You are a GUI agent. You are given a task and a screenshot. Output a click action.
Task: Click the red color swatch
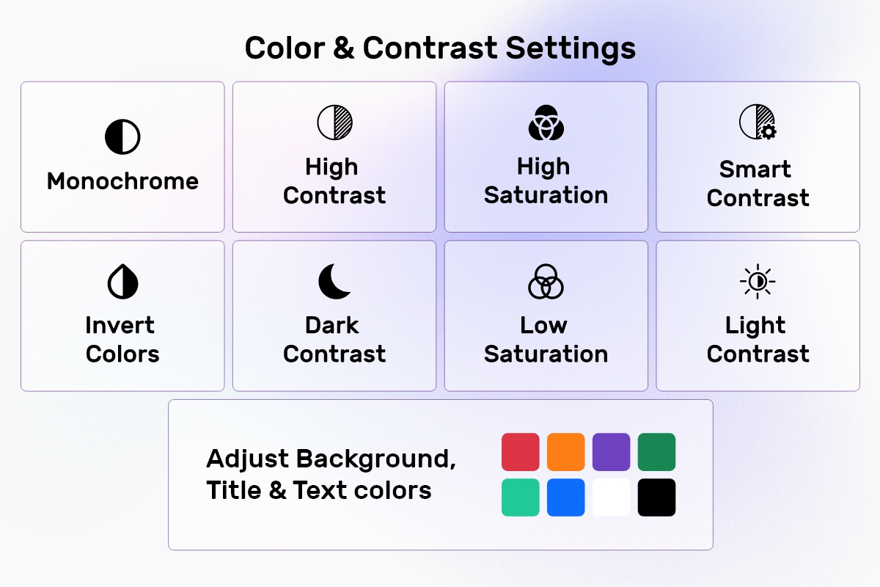coord(520,452)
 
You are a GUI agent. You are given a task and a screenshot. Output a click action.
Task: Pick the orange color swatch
coord(565,452)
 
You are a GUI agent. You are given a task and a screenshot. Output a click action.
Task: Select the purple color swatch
coord(612,452)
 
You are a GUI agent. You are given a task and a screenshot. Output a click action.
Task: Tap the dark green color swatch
coord(656,452)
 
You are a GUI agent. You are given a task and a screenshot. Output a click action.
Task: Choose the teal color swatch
coord(520,497)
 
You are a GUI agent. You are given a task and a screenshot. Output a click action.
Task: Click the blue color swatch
coord(565,497)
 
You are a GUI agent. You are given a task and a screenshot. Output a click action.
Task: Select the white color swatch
coord(612,497)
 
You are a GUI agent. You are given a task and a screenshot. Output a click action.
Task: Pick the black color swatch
coord(656,497)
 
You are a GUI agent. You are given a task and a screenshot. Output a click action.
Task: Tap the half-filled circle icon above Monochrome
coord(122,136)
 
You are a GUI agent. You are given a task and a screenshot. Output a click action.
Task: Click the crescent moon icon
coord(333,282)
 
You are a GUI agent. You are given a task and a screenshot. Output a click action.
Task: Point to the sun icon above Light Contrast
coord(758,282)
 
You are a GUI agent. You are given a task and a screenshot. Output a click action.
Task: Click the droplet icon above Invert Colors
coord(122,282)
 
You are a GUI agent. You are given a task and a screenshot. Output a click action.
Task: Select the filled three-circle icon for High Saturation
coord(546,123)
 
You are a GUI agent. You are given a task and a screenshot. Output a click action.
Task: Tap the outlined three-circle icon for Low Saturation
coord(546,282)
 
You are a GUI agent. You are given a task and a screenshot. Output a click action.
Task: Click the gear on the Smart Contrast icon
coord(769,132)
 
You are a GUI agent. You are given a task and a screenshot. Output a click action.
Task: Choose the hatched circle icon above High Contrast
coord(334,123)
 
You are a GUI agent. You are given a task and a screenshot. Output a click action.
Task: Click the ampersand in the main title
coord(344,48)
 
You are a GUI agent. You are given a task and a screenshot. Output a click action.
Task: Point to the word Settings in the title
coord(571,49)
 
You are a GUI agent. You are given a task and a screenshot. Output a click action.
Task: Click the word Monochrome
coord(122,181)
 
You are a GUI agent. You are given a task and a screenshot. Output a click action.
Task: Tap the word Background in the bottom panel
coord(375,459)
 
